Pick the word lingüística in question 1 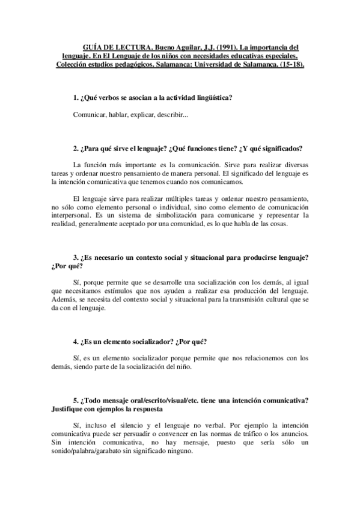point(210,97)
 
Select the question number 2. point(75,149)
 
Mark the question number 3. point(75,257)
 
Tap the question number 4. point(75,342)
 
